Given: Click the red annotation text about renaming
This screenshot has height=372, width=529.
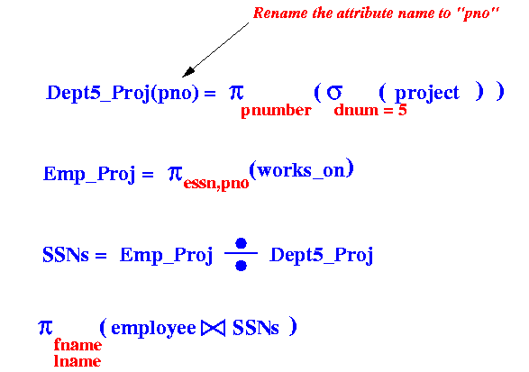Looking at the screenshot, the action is click(x=376, y=14).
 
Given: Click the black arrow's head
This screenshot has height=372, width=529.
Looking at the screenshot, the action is click(x=188, y=72).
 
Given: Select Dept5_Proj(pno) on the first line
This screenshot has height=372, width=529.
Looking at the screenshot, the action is click(x=123, y=93).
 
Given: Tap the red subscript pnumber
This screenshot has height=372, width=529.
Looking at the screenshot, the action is click(x=276, y=111).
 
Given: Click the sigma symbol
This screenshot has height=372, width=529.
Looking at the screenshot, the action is click(x=334, y=92).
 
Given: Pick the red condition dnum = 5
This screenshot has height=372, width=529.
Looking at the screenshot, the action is click(x=370, y=110).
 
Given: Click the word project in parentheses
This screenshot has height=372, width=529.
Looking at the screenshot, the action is click(x=427, y=93).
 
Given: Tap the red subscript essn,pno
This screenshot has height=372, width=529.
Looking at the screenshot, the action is click(x=216, y=184).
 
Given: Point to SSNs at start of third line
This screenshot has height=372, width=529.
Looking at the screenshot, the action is click(x=66, y=255).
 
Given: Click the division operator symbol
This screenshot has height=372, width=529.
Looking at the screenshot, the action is click(x=241, y=254).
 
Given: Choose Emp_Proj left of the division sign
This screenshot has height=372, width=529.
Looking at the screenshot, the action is click(x=167, y=255).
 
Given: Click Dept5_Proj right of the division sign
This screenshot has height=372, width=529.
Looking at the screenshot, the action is click(x=322, y=255).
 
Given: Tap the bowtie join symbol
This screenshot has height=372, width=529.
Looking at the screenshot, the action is click(x=213, y=328).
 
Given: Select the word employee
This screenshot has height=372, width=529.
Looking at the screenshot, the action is click(x=153, y=329).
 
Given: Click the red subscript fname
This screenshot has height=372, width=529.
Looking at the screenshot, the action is click(x=78, y=345).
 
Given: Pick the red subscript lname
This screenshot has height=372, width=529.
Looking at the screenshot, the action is click(x=78, y=361).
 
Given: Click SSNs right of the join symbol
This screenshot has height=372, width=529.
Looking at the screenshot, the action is click(x=256, y=328).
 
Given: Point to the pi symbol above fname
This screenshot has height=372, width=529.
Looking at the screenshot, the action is click(x=45, y=328).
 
